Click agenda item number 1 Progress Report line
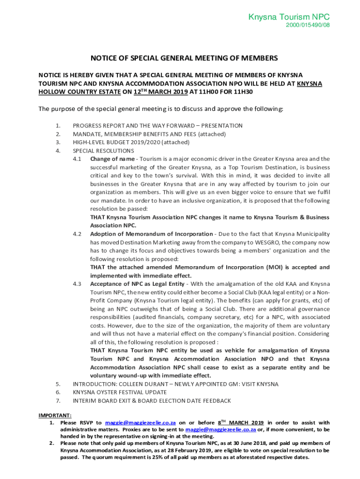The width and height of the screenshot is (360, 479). tap(158, 125)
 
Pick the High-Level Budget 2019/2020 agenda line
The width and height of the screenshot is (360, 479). tap(131, 142)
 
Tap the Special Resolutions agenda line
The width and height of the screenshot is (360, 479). tap(103, 151)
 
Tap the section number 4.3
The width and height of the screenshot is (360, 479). tap(77, 284)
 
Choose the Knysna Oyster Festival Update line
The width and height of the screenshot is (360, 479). tap(120, 392)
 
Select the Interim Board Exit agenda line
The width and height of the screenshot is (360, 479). tap(151, 401)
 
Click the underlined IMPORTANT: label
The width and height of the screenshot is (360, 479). tap(55, 415)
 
